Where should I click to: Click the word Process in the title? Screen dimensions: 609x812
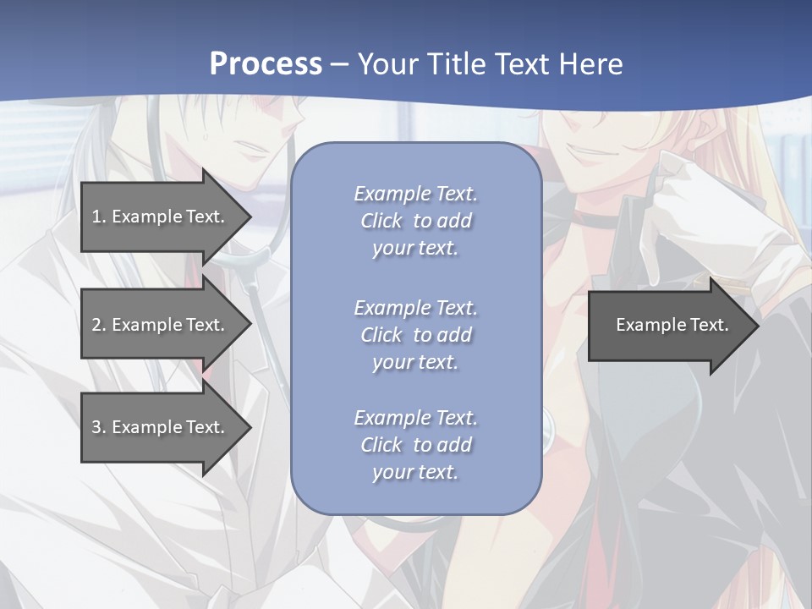[266, 64]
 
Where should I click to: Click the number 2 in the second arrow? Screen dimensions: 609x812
[96, 325]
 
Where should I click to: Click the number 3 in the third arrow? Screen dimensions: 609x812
[96, 427]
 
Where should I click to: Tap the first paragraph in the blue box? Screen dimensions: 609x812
[415, 221]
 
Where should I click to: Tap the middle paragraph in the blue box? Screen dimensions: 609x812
[415, 334]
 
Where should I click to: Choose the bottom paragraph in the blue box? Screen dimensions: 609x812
[415, 445]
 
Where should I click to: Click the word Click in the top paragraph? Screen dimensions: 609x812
[381, 221]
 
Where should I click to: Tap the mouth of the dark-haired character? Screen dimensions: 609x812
[252, 150]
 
